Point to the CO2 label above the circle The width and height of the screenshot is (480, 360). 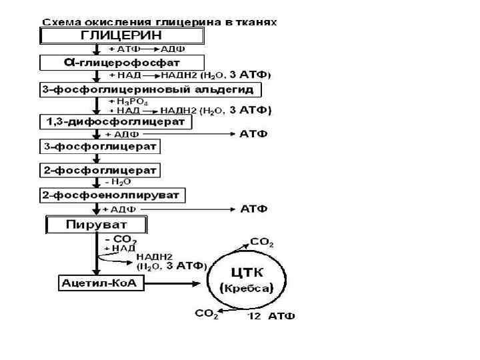[x=262, y=242]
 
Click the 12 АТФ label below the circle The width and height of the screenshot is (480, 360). [x=272, y=316]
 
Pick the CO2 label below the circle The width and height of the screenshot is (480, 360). [x=206, y=314]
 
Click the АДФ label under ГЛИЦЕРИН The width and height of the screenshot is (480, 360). [x=174, y=49]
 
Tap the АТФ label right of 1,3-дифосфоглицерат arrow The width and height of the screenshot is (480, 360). [x=254, y=134]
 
